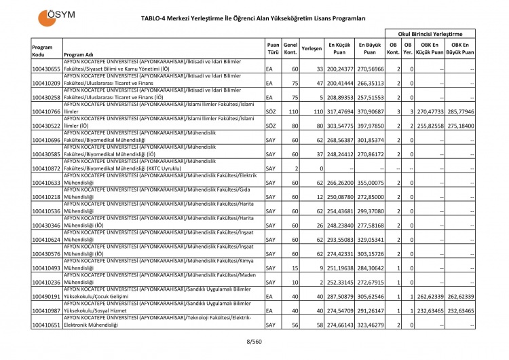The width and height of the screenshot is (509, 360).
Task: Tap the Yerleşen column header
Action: pyautogui.click(x=311, y=49)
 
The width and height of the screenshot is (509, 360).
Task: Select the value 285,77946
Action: pyautogui.click(x=459, y=111)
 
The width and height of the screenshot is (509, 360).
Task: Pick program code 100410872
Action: pyautogui.click(x=46, y=168)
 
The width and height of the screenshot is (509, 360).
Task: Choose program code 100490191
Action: pyautogui.click(x=46, y=297)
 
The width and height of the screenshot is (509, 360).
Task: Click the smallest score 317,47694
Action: pyautogui.click(x=340, y=111)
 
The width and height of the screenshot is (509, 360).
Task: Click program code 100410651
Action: pyautogui.click(x=46, y=325)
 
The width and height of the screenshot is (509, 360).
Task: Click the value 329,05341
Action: pyautogui.click(x=371, y=240)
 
